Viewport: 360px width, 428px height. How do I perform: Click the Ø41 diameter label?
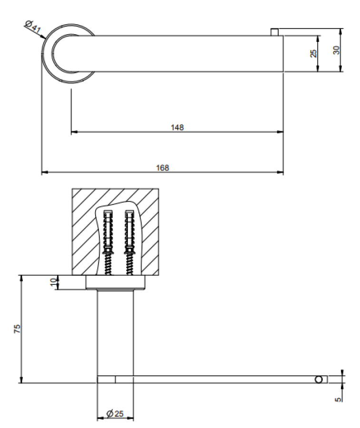tap(33, 27)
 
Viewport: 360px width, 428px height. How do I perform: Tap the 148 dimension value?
tap(177, 127)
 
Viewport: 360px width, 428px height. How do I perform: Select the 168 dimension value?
tap(162, 167)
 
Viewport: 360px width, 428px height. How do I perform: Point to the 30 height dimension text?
tap(337, 50)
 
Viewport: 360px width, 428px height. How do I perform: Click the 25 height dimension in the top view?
tap(313, 53)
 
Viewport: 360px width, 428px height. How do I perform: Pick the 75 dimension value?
tap(17, 329)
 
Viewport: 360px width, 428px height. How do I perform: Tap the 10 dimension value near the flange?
tap(54, 282)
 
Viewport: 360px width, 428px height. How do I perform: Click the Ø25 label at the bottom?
tap(115, 414)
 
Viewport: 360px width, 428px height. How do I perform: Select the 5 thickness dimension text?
tap(338, 399)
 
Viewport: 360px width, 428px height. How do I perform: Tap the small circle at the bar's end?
tap(319, 379)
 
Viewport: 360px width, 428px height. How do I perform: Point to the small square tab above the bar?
tap(274, 32)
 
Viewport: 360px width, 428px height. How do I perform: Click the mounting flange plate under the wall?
tap(116, 282)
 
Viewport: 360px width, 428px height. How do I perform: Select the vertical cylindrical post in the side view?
tap(116, 332)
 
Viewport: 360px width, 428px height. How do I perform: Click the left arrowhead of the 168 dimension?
tap(45, 172)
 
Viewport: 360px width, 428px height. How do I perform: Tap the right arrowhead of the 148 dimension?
tap(280, 132)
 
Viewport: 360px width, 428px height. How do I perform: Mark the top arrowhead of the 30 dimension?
tap(340, 32)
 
